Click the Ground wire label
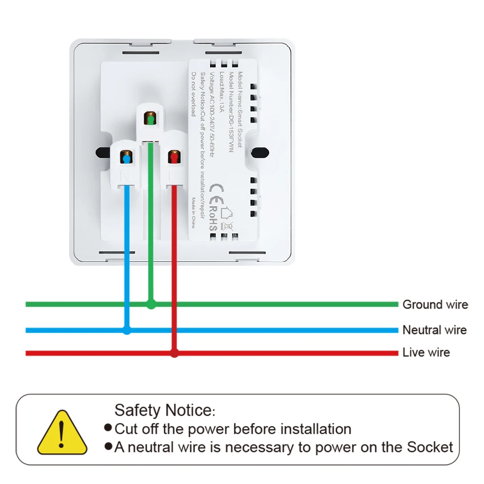coord(435,304)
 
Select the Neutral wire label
coord(434,330)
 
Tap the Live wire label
coord(426,352)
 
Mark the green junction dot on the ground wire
coord(151,304)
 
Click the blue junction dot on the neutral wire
coord(127,331)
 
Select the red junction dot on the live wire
coord(175,353)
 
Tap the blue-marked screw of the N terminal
coord(126,159)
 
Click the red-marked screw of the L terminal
coord(174,157)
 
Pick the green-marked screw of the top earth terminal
coord(151,119)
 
